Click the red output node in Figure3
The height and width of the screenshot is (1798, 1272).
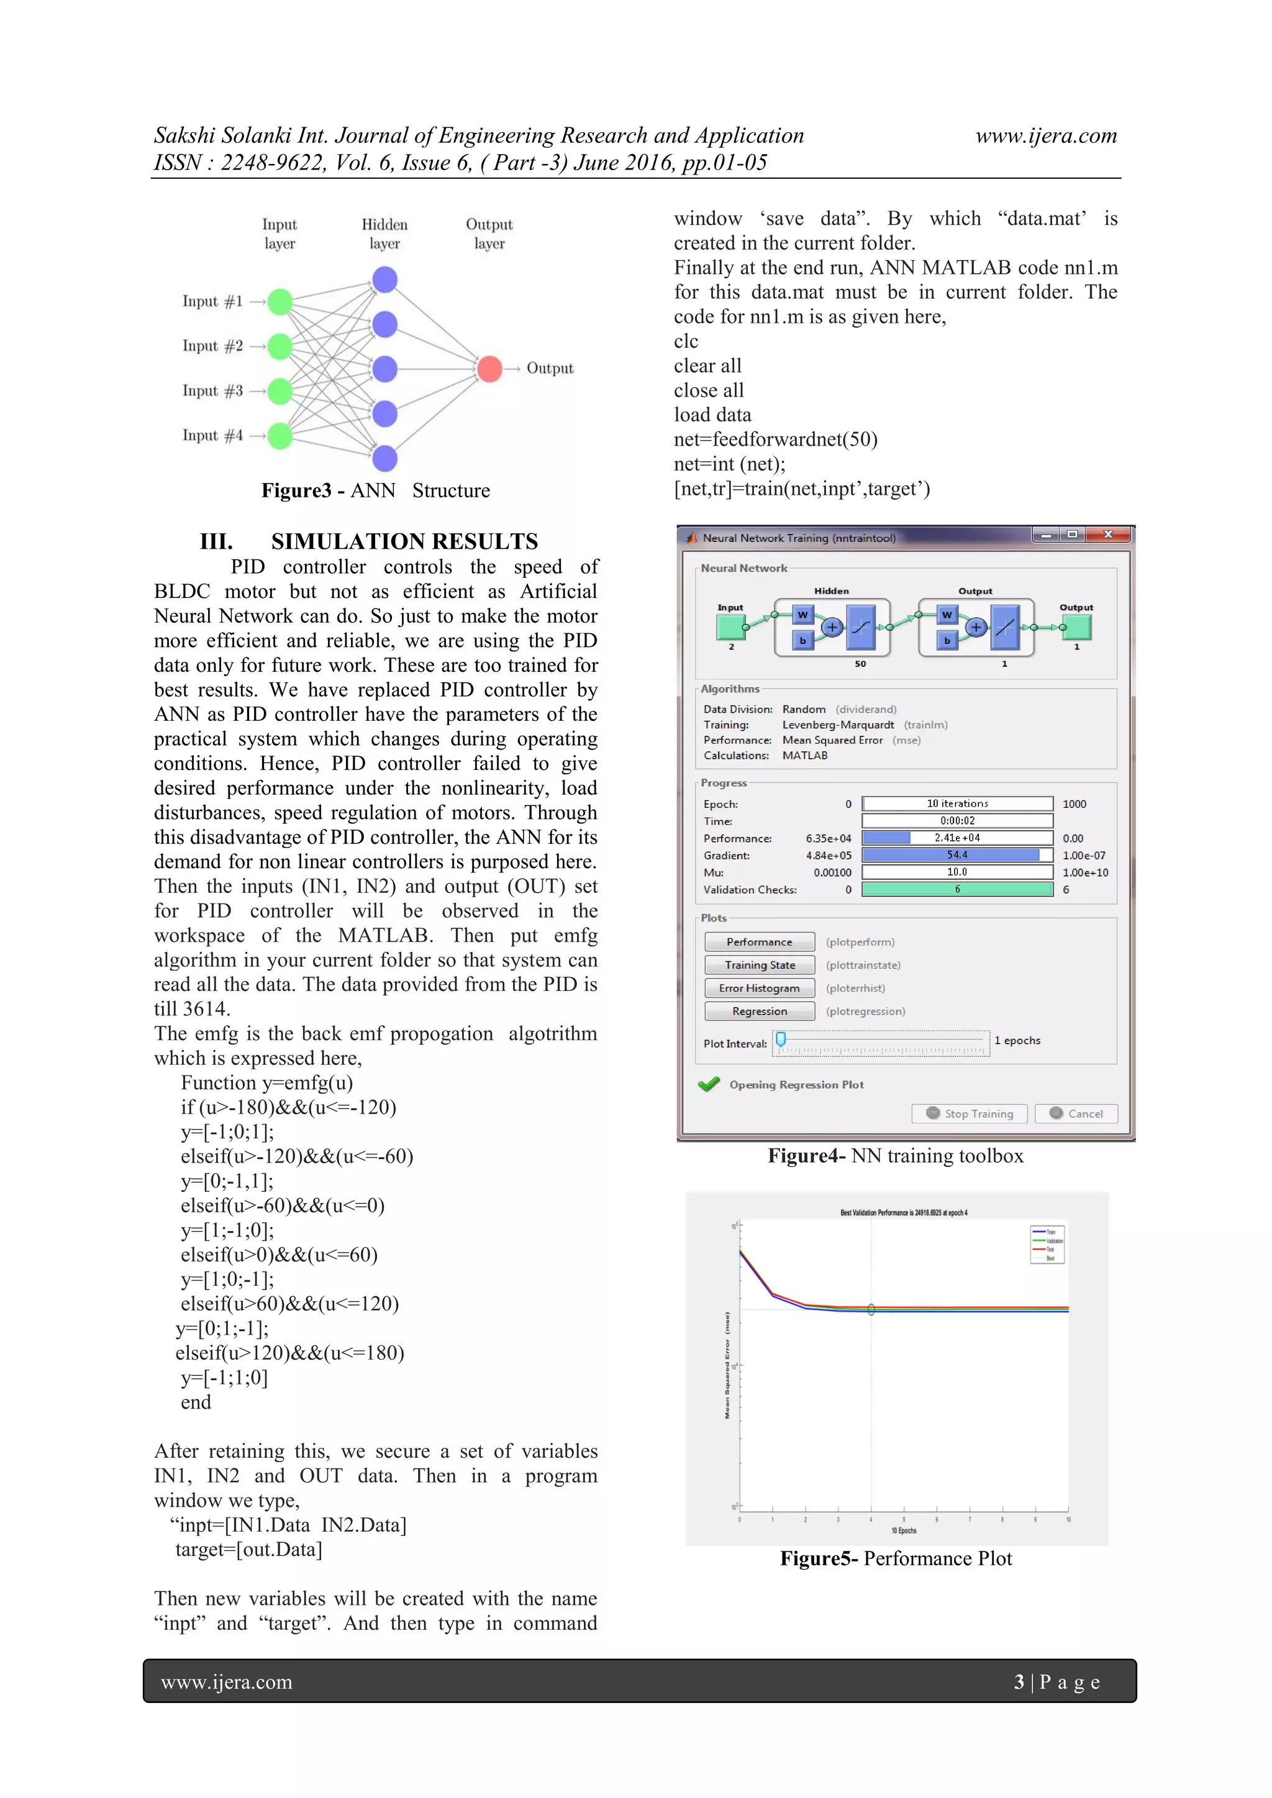489,368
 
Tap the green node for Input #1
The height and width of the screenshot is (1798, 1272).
279,302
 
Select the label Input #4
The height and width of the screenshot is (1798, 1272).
212,435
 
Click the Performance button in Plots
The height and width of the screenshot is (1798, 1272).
759,942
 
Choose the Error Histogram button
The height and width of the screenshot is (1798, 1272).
759,988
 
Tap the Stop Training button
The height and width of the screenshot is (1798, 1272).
970,1114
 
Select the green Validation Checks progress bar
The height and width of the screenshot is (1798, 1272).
957,890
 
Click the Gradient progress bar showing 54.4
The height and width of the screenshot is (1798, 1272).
957,855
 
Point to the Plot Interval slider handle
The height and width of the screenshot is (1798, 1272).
781,1039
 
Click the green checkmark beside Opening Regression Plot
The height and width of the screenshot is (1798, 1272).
709,1085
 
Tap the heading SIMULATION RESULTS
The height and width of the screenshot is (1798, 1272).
404,541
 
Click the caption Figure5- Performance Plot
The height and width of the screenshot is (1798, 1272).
895,1558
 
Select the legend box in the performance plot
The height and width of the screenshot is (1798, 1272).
1047,1244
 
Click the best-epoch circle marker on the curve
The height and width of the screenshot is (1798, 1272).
871,1309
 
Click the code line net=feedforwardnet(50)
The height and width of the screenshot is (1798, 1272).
775,440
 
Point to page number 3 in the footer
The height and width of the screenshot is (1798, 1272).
1019,1682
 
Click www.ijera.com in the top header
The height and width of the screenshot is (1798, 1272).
1046,135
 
